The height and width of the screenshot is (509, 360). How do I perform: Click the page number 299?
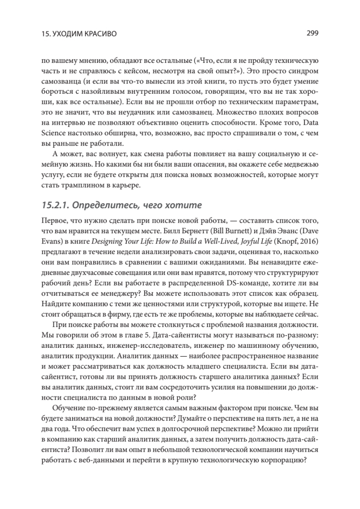click(312, 33)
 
